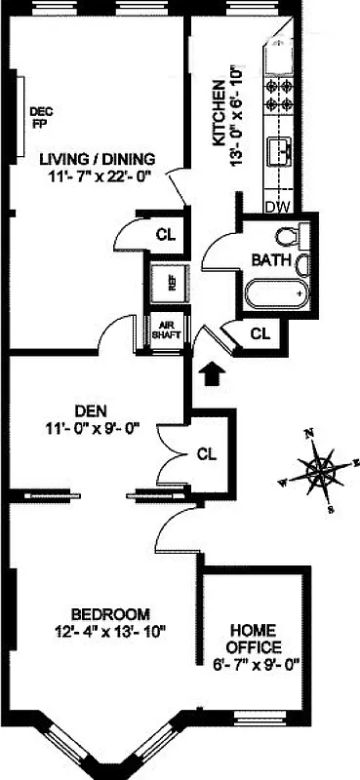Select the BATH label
[267, 260]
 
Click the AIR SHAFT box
[161, 330]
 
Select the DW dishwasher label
[277, 206]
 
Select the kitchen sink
[281, 152]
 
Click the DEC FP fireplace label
[41, 116]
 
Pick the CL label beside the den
[206, 453]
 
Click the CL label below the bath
[259, 333]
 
